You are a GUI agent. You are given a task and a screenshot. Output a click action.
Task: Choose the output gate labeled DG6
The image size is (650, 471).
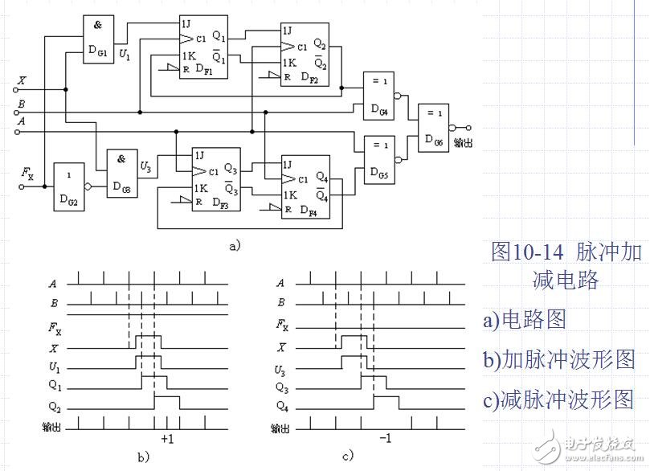tap(433, 128)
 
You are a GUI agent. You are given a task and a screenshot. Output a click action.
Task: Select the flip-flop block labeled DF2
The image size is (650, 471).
tap(304, 54)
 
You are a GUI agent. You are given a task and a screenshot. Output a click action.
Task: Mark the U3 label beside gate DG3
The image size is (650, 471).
tap(145, 166)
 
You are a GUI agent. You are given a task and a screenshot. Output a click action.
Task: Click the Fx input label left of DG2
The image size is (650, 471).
tap(27, 172)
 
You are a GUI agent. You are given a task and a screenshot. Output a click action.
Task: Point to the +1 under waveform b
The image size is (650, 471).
tap(168, 440)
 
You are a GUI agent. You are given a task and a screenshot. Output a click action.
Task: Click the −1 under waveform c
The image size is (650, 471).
tap(385, 440)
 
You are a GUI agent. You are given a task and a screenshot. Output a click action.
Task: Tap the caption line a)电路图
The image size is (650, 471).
tap(525, 319)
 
